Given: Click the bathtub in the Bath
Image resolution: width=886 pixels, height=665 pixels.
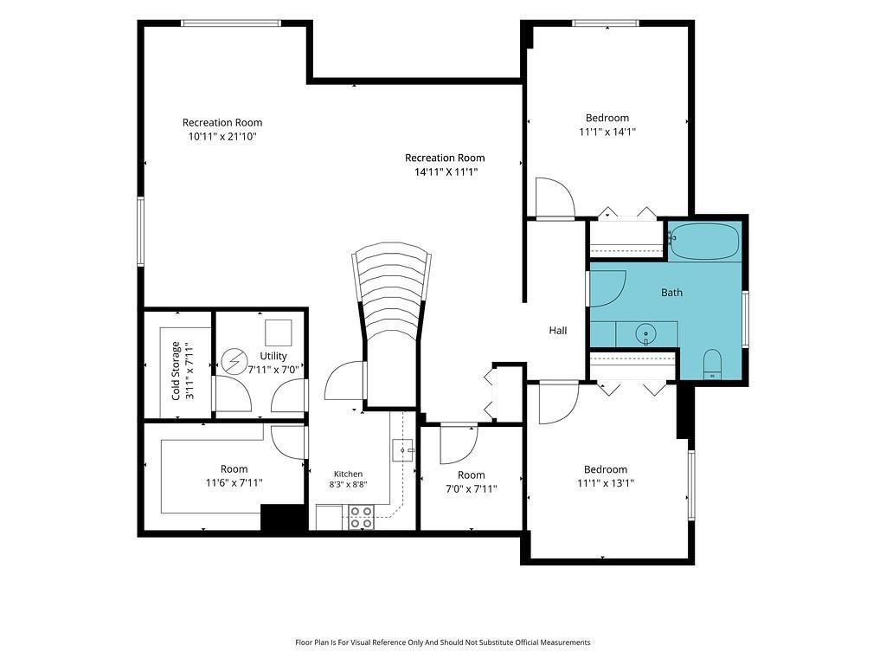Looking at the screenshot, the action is tap(704, 242).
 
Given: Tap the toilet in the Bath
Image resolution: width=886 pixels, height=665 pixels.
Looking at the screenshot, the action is tap(713, 365).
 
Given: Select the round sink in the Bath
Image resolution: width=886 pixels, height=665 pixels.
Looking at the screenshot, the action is tap(645, 334).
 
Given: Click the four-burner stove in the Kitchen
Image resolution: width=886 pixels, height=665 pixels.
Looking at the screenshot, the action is tap(361, 518).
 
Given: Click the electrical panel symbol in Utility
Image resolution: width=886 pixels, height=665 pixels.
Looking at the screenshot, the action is tap(234, 361).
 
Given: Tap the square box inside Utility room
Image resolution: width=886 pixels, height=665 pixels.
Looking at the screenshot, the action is tap(279, 332).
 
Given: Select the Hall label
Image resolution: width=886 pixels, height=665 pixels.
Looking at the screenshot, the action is tap(558, 330).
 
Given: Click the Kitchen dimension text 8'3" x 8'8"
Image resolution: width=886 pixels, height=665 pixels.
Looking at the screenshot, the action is tap(348, 485).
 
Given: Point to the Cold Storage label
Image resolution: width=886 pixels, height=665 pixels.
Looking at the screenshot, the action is tap(176, 371).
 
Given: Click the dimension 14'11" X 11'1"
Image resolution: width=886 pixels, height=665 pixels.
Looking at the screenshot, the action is tap(446, 172).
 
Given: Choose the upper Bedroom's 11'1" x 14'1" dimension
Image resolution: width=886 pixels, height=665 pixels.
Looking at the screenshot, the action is tap(607, 132).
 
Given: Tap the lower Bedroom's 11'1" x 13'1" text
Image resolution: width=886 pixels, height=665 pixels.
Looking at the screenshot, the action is tap(606, 483).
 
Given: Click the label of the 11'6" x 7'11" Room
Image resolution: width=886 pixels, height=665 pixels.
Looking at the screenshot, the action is tap(234, 468).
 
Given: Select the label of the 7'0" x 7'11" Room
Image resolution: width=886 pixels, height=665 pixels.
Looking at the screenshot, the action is tap(472, 475).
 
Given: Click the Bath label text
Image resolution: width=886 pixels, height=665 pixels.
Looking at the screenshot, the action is tap(671, 293).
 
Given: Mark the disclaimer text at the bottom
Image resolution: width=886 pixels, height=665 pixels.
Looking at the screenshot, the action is tap(442, 642).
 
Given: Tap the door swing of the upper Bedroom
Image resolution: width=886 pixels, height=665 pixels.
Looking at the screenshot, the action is tap(555, 197).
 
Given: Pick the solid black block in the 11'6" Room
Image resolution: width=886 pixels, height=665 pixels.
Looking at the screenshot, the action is tap(284, 518).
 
